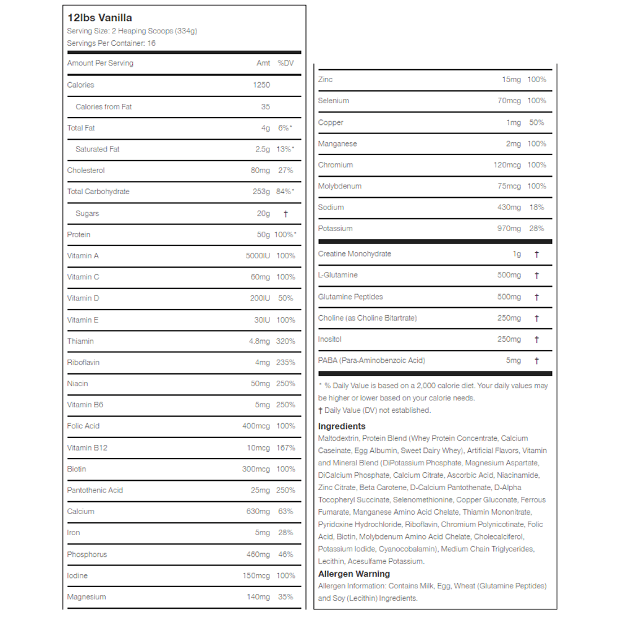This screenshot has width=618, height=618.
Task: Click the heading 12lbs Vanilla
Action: coord(99,18)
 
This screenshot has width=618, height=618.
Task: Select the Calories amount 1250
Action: coord(261,85)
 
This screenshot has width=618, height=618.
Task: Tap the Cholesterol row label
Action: coord(86,171)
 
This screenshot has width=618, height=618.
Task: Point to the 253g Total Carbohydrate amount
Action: coord(261,192)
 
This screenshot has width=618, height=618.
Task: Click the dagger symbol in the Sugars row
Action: coord(286,214)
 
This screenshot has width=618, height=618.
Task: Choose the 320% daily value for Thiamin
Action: coord(286,341)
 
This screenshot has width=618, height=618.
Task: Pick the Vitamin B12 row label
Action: coord(87,447)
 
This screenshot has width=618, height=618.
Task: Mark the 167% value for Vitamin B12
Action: coord(286,447)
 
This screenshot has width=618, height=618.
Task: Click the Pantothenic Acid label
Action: coord(95,490)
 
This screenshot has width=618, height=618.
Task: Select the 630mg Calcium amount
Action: coord(258,512)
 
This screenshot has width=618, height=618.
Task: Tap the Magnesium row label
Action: coord(87,597)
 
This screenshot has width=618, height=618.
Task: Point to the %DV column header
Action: coord(285,63)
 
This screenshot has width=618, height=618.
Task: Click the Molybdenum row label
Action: coord(340,186)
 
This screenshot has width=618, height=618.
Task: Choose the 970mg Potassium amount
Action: coord(509,229)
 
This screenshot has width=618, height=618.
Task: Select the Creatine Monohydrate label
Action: coord(355,254)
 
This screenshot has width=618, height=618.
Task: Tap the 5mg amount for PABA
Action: coord(514,360)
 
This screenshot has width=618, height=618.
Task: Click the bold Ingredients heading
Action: coord(342,426)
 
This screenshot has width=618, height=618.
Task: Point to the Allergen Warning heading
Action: coord(354,574)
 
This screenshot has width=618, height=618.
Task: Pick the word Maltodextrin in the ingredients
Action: coord(338,439)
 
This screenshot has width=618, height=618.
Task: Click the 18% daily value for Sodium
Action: coord(537,208)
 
